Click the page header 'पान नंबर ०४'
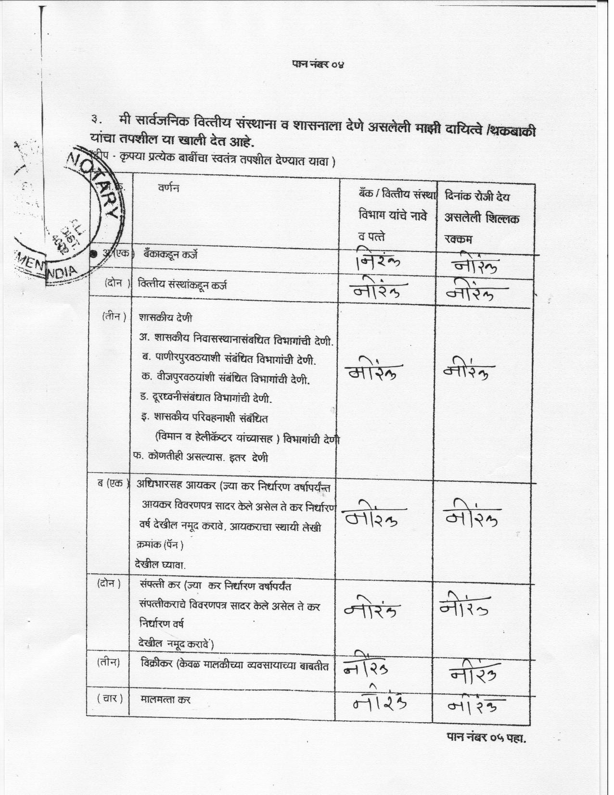pyautogui.click(x=318, y=64)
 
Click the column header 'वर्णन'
pyautogui.click(x=168, y=188)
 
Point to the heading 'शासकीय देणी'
pyautogui.click(x=165, y=318)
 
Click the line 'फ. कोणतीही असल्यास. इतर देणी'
pyautogui.click(x=201, y=457)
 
